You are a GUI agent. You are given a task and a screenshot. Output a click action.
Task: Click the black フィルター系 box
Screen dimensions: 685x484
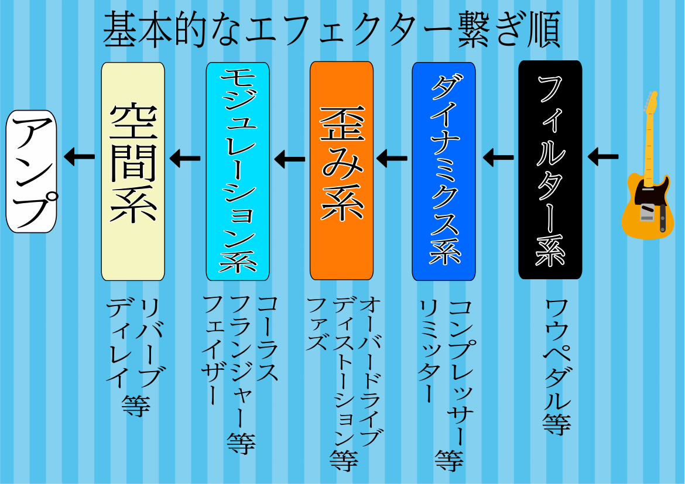[550, 170]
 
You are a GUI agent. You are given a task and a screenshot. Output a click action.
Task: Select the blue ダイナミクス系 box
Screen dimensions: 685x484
[444, 171]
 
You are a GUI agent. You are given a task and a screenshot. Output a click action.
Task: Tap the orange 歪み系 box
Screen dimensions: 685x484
[342, 171]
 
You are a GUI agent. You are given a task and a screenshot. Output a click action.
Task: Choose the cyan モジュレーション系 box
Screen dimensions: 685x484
[238, 171]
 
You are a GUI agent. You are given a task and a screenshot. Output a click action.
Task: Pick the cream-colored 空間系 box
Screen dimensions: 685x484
[133, 171]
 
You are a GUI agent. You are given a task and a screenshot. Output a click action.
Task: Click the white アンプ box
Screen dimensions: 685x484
[32, 171]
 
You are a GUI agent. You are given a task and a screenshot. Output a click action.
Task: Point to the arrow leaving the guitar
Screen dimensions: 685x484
[603, 156]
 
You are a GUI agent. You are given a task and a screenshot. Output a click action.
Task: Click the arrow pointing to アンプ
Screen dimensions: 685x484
[79, 156]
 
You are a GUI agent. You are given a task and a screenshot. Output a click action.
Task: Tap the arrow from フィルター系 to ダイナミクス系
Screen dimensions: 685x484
[498, 157]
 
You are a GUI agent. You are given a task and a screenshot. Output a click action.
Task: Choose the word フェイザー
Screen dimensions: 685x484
[214, 350]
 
